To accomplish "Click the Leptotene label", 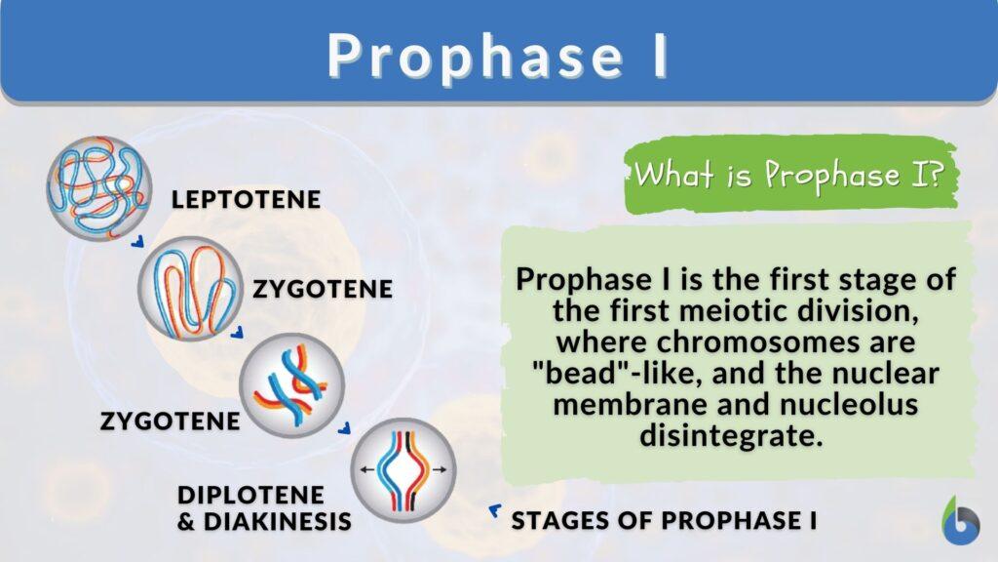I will tap(246, 200).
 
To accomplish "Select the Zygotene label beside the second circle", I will tap(323, 290).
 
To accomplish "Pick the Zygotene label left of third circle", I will tap(170, 421).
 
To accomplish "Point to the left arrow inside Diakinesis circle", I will tap(364, 469).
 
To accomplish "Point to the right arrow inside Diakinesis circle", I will tap(441, 469).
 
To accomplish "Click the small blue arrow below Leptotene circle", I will tap(138, 239).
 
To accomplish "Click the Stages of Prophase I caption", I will tap(664, 521).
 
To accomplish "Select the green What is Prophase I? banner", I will tap(790, 176).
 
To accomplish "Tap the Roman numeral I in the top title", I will tap(660, 57).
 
